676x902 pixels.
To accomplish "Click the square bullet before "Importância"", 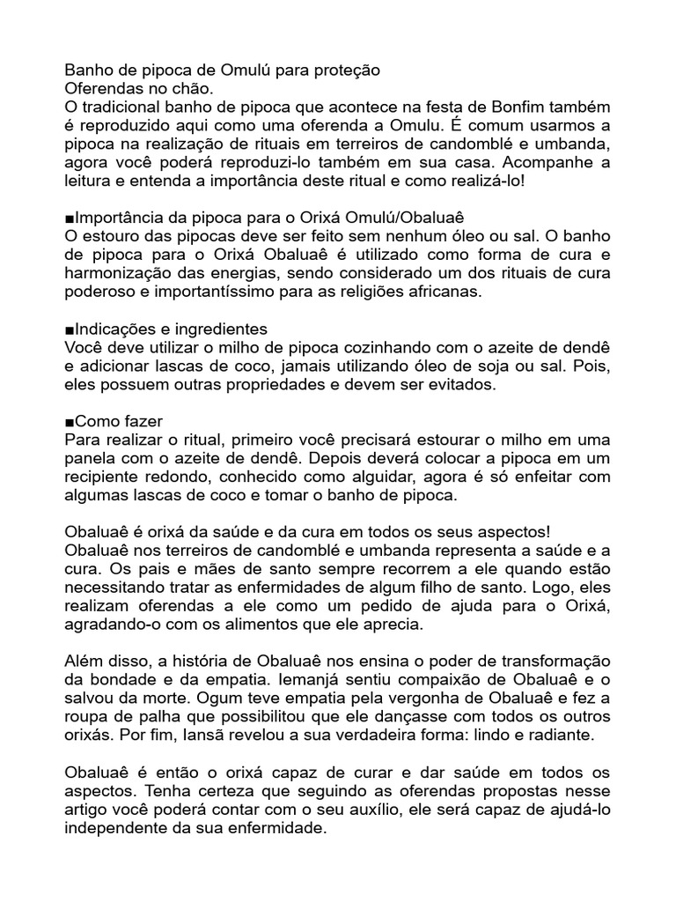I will pyautogui.click(x=70, y=218).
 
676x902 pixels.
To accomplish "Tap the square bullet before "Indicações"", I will pyautogui.click(x=70, y=329).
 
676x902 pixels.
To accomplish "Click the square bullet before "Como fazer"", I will pyautogui.click(x=70, y=423).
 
